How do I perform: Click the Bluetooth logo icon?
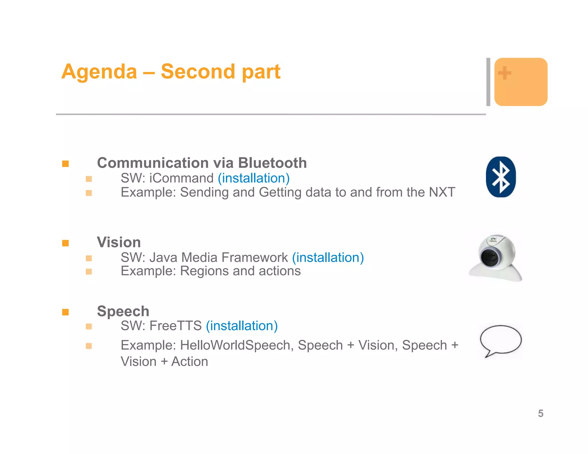[501, 177]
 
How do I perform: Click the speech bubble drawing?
[501, 340]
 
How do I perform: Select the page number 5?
[541, 414]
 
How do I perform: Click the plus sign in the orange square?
[504, 73]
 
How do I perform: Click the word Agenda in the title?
[99, 71]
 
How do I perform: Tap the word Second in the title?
[198, 71]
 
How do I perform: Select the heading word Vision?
[119, 242]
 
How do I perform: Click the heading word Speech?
[123, 311]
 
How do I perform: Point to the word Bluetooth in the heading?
[272, 163]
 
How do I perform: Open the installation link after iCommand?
[254, 178]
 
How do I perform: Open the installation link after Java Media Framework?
[328, 257]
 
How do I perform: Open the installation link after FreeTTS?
[242, 326]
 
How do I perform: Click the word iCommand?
[181, 178]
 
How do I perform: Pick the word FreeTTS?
[176, 326]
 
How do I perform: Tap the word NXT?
[442, 192]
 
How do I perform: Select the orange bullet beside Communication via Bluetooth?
[65, 164]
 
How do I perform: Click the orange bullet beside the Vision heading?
[65, 243]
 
